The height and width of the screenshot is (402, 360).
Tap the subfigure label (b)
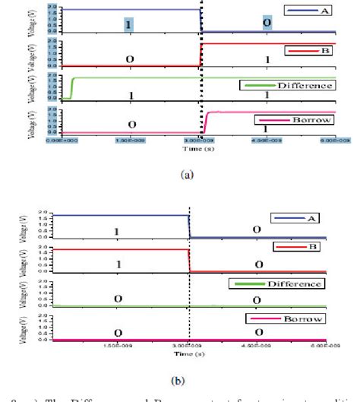point(185,373)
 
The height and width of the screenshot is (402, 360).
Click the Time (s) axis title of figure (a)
point(198,151)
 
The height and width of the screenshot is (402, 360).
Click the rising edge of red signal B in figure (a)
point(201,55)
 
